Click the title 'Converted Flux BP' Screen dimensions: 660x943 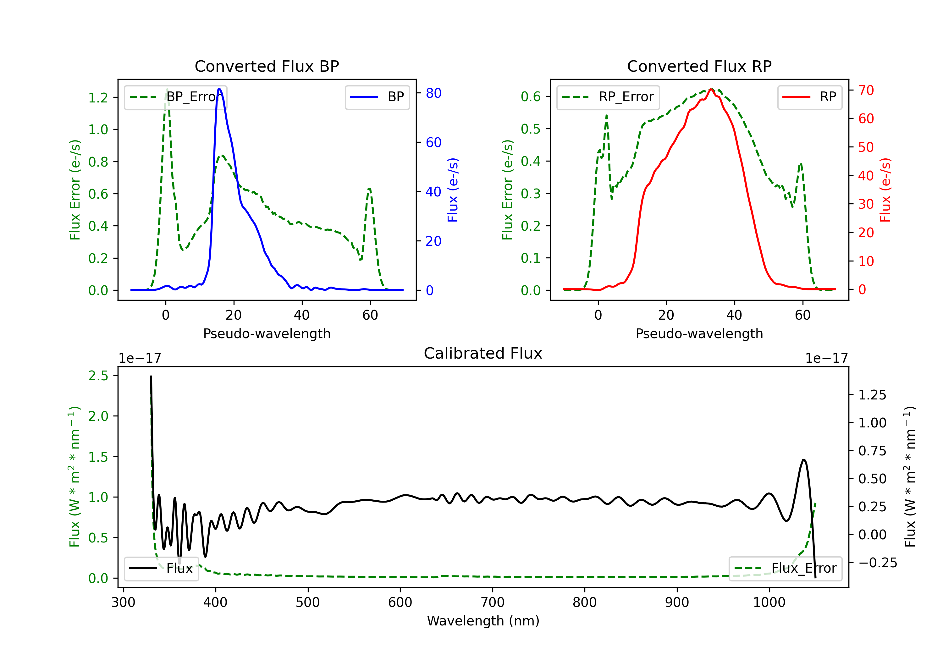tap(267, 66)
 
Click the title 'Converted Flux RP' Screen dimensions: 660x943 tap(699, 66)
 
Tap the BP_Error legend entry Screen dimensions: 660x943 tap(176, 97)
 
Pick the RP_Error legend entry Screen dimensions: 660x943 tap(608, 97)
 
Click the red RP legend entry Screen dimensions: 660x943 tap(809, 97)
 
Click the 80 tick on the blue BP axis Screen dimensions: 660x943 tap(433, 93)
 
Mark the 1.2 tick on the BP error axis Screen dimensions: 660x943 tap(98, 98)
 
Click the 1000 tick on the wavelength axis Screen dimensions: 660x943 tap(769, 602)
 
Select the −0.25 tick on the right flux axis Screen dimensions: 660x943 tap(877, 563)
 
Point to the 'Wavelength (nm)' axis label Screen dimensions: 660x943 tap(483, 621)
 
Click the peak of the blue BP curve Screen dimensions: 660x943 tap(219, 89)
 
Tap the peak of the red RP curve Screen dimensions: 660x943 tap(711, 89)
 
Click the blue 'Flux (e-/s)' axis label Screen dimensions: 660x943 tap(453, 190)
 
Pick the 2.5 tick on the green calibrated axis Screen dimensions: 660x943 tap(98, 376)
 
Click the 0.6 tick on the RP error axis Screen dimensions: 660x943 tap(531, 97)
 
